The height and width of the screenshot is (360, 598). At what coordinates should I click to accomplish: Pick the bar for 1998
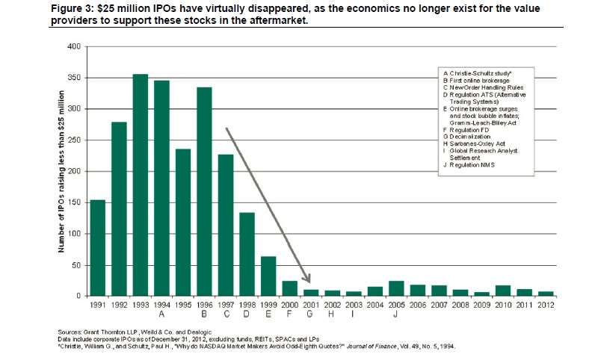(x=247, y=255)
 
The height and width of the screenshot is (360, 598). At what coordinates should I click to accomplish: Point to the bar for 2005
(x=395, y=288)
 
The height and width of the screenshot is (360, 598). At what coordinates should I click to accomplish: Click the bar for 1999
(x=268, y=276)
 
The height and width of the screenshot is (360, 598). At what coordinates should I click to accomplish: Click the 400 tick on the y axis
(x=73, y=46)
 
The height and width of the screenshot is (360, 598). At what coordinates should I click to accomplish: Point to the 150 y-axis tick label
(x=73, y=203)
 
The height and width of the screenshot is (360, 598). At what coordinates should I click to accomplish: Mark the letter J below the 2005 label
(x=395, y=316)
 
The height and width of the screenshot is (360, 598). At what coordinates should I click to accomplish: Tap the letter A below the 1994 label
(x=161, y=316)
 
